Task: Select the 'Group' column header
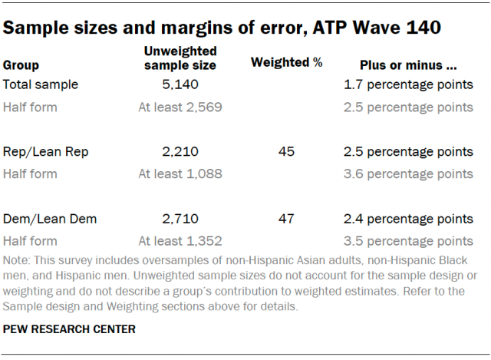[x=21, y=65]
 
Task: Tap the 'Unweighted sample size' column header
[x=180, y=58]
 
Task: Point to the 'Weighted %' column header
[x=286, y=63]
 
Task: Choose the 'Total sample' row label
[x=41, y=84]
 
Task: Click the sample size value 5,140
[x=180, y=84]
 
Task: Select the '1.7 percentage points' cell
[x=409, y=84]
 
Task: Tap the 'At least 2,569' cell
[x=180, y=107]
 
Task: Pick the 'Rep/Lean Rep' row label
[x=46, y=151]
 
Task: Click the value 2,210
[x=180, y=151]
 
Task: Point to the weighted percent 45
[x=286, y=151]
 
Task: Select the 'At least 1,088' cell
[x=180, y=173]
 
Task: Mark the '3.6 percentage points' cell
[x=409, y=173]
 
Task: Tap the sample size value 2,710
[x=180, y=219]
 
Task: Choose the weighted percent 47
[x=286, y=219]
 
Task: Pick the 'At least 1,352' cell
[x=180, y=240]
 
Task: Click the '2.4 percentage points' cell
[x=409, y=219]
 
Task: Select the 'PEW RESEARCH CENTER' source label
[x=71, y=329]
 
